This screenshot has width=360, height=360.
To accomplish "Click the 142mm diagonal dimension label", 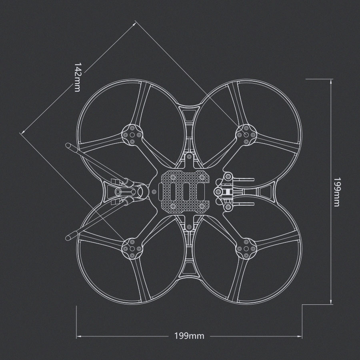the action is (77, 77).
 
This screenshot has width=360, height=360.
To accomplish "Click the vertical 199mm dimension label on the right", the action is (336, 192).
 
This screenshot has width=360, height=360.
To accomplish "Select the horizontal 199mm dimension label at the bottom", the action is (189, 336).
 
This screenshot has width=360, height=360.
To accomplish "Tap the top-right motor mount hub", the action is (246, 135).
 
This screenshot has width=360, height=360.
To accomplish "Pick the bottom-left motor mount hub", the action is (132, 249).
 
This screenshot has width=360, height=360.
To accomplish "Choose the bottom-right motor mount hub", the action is (246, 249).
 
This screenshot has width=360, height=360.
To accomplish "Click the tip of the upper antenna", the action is (68, 146).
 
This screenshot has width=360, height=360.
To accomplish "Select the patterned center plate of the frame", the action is (183, 192).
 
